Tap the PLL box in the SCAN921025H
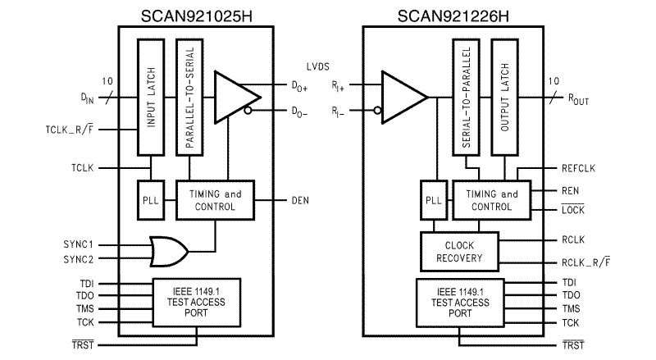[150, 200]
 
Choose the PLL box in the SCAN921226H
[434, 200]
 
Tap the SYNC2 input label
[79, 260]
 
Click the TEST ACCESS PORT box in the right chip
[459, 302]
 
